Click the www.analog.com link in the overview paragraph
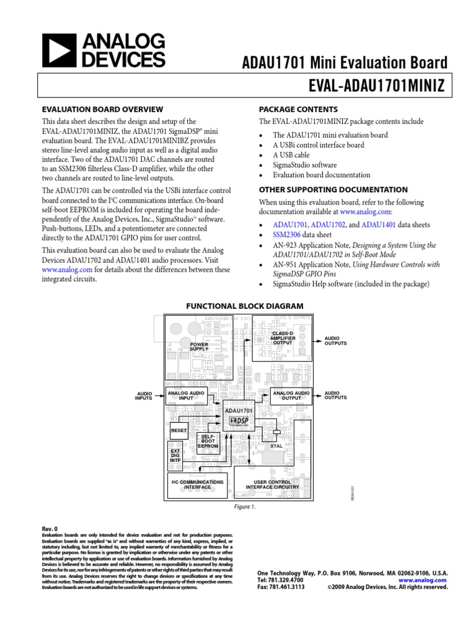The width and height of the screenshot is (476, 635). (67, 270)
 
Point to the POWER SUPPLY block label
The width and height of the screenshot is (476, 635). (199, 346)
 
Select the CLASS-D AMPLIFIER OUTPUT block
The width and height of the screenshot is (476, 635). (283, 337)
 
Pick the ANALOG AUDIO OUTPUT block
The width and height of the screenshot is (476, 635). (291, 395)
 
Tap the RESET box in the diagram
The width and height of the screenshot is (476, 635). (178, 430)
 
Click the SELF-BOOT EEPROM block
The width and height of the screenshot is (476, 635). (209, 442)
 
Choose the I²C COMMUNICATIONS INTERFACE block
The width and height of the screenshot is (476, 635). (198, 484)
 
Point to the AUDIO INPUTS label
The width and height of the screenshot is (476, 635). (143, 396)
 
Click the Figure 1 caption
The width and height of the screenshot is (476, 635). (244, 506)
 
